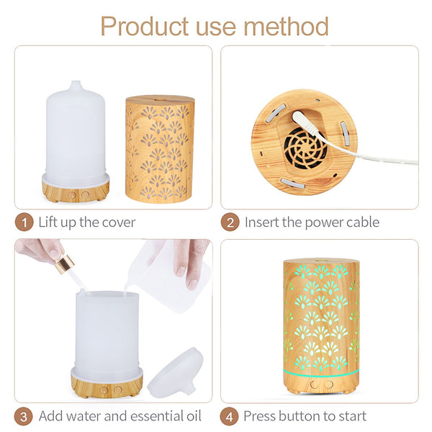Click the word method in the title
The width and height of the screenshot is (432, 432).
pyautogui.click(x=286, y=26)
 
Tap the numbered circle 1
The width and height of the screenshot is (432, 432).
pyautogui.click(x=24, y=222)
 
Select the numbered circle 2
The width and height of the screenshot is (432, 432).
pyautogui.click(x=230, y=222)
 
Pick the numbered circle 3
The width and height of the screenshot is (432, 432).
pyautogui.click(x=24, y=416)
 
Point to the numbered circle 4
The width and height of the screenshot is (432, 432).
pyautogui.click(x=229, y=416)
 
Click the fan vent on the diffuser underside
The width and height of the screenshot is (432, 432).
pyautogui.click(x=306, y=149)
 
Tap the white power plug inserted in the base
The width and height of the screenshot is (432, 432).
pyautogui.click(x=304, y=121)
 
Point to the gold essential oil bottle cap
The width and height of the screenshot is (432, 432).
pyautogui.click(x=65, y=264)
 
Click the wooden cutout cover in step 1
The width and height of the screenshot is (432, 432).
pyautogui.click(x=160, y=149)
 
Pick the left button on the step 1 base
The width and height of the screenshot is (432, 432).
pyautogui.click(x=73, y=195)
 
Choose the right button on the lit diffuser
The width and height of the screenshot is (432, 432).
pyautogui.click(x=329, y=384)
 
